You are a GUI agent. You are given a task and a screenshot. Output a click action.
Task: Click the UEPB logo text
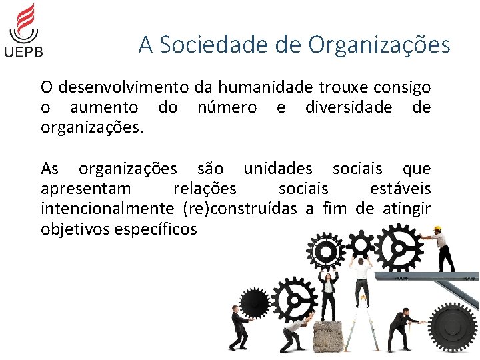coord(24,51)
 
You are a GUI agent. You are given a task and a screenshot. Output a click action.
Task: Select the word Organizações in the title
coord(379,45)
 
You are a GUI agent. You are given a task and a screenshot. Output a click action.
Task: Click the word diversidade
coord(349,107)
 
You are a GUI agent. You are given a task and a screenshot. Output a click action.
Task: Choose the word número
coord(227,107)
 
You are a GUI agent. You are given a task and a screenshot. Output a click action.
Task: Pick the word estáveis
coord(400,189)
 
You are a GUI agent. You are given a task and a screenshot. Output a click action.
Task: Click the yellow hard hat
coord(437,229)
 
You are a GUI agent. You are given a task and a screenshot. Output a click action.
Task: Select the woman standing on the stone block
coord(328,293)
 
